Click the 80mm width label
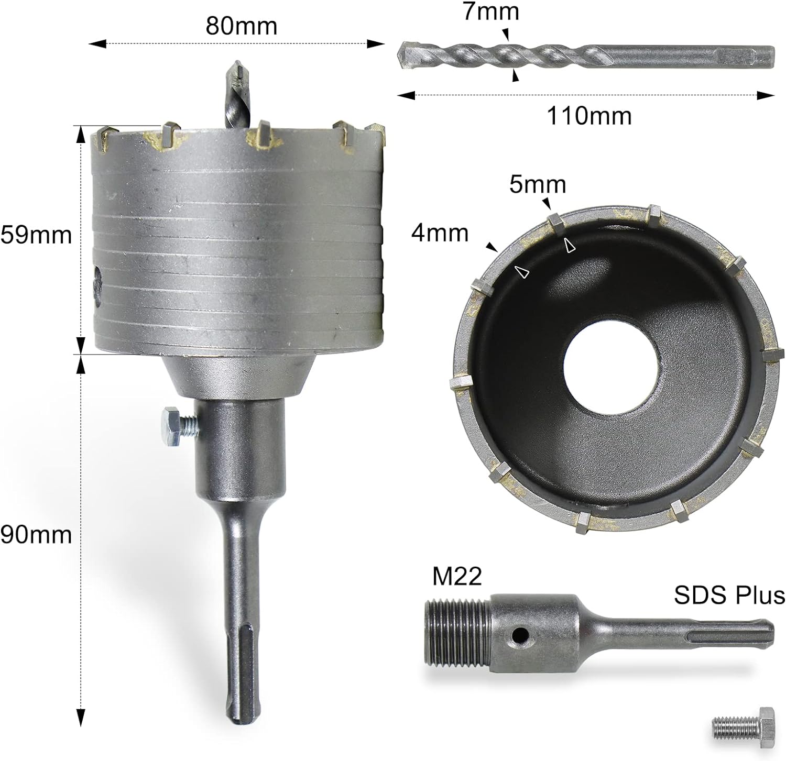tap(241, 25)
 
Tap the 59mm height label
tap(36, 235)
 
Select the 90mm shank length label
tap(36, 535)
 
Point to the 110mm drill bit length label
tap(589, 115)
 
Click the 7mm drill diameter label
tap(491, 12)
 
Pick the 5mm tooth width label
tap(538, 185)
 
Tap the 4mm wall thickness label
tap(439, 233)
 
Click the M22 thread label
tap(457, 577)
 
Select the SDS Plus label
tap(729, 595)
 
